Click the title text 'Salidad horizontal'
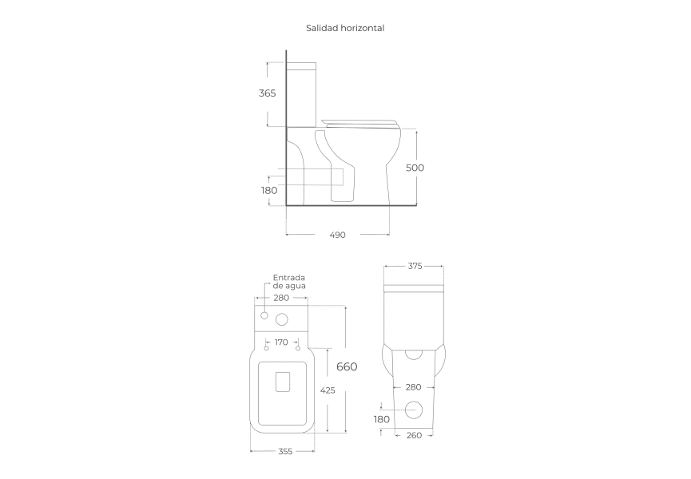click(345, 28)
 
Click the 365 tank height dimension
click(267, 93)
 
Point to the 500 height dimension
click(415, 168)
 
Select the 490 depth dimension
click(338, 235)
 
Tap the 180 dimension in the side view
click(269, 190)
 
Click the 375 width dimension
click(415, 266)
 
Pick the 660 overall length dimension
click(347, 366)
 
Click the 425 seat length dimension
click(328, 390)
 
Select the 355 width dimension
click(285, 451)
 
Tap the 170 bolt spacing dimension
click(281, 342)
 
